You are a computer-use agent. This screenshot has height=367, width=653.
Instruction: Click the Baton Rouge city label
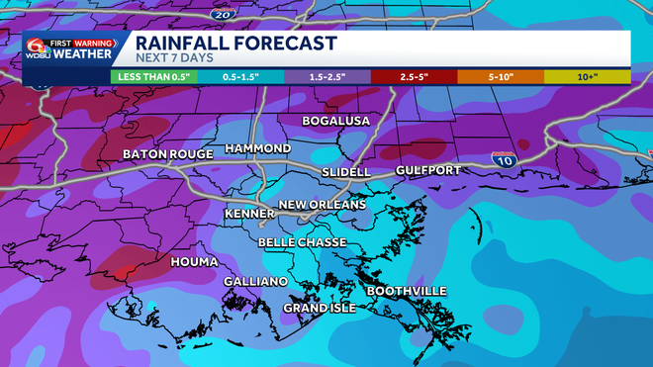click(167, 155)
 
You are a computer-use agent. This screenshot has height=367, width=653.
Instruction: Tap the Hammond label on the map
click(258, 148)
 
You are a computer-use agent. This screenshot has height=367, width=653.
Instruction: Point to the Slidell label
click(346, 172)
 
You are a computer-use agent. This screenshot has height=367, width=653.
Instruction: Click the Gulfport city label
click(427, 171)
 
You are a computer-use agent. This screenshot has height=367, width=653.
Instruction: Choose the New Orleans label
click(322, 205)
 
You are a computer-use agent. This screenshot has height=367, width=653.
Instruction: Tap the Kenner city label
click(249, 214)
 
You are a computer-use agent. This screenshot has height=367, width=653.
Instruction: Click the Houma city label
click(194, 262)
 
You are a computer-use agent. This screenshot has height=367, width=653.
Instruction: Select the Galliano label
click(255, 282)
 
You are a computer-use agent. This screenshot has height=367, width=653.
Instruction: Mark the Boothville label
click(407, 291)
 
